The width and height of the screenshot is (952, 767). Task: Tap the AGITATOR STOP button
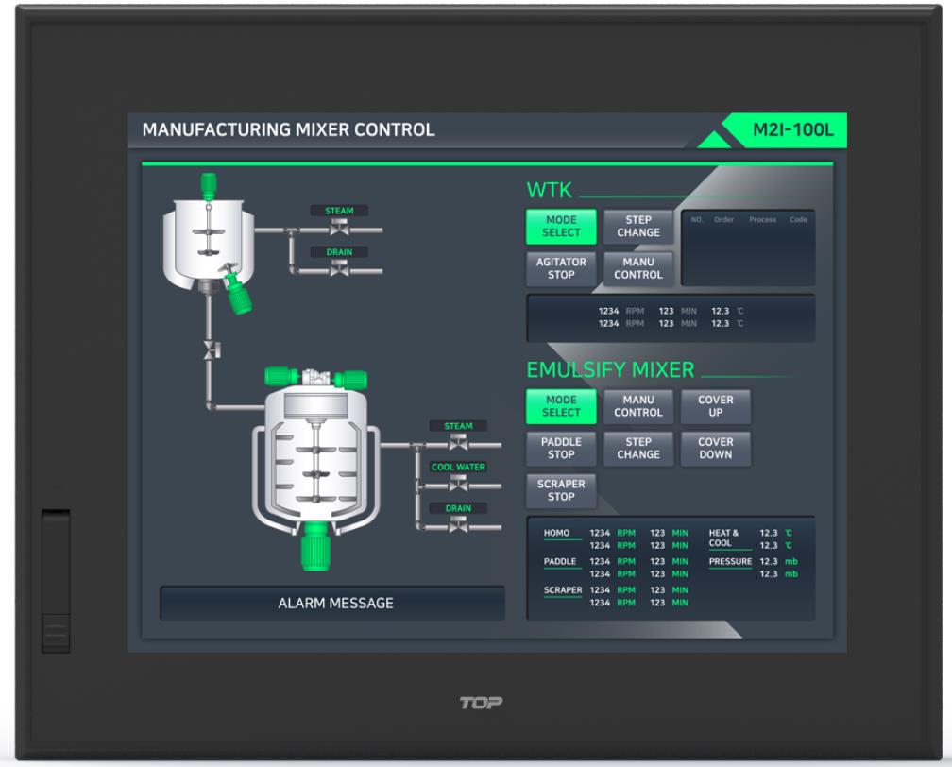(x=561, y=268)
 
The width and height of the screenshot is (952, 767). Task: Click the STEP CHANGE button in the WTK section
(x=638, y=227)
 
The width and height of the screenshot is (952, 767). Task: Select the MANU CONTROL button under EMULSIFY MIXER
(x=638, y=406)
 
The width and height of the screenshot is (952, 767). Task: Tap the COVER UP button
(x=716, y=406)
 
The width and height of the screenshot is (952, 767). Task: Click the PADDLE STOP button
(x=561, y=448)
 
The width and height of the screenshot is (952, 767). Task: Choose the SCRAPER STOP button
(x=561, y=490)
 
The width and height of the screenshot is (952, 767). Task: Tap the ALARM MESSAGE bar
(x=335, y=603)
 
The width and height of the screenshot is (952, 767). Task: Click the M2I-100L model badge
(x=792, y=129)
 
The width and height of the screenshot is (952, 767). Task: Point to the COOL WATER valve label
(x=458, y=467)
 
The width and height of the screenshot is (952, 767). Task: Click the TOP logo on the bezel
(x=481, y=703)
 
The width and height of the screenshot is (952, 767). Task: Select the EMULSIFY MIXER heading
(x=610, y=369)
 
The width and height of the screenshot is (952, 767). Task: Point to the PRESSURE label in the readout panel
(x=730, y=562)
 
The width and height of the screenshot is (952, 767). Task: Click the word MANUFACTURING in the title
(x=202, y=130)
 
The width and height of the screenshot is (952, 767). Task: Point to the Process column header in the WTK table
(x=762, y=220)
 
